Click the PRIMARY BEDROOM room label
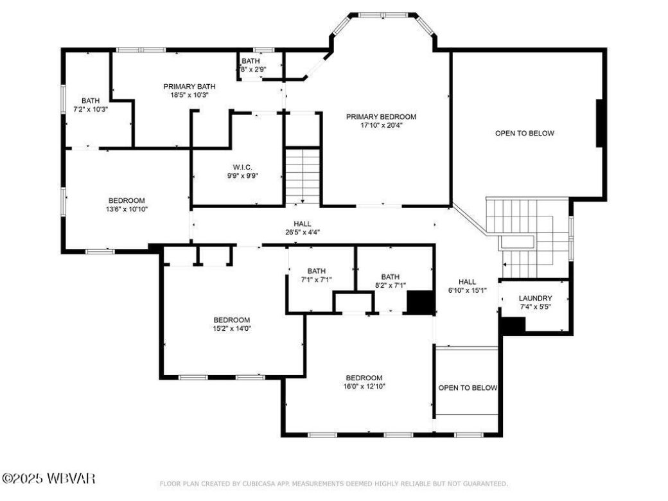(381, 116)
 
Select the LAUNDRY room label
(535, 298)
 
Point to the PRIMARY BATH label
(189, 86)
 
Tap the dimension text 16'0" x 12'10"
(364, 387)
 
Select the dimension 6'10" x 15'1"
(467, 290)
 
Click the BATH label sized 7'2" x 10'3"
(90, 100)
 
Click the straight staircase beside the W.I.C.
(302, 175)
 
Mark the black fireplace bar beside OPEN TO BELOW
(600, 123)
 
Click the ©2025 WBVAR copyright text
(49, 479)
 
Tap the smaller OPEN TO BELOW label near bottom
(468, 388)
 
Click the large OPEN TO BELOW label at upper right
(524, 134)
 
